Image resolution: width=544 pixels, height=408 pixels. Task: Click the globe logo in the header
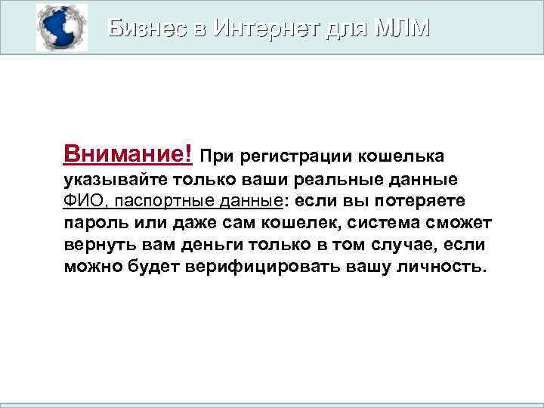(x=61, y=28)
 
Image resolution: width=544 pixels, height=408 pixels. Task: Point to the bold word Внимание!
(x=128, y=155)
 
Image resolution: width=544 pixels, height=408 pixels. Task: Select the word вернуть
(x=96, y=246)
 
